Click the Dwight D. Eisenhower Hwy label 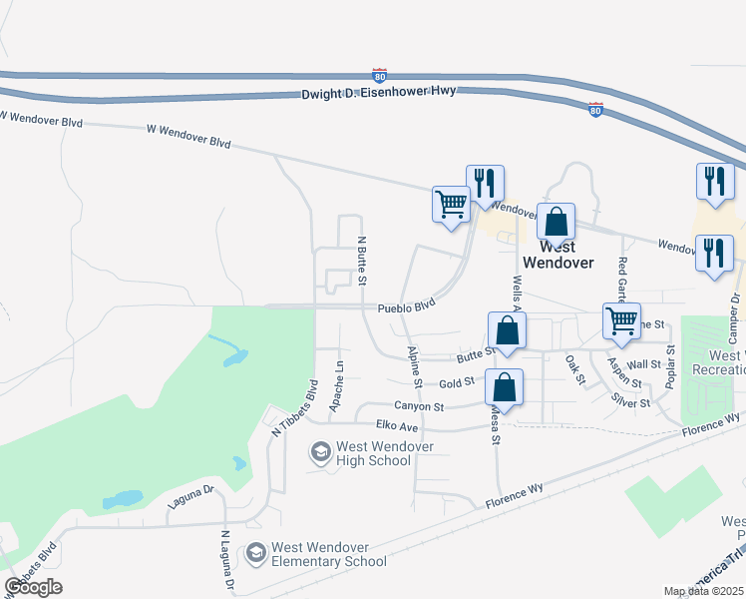[379, 91]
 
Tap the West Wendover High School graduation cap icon [320, 453]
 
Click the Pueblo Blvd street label [407, 307]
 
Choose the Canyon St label [418, 406]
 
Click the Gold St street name [456, 383]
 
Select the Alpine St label [414, 367]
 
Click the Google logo [33, 587]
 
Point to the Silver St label [631, 401]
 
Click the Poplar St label [671, 365]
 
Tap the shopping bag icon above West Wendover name [556, 222]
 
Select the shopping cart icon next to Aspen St [621, 321]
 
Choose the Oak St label [574, 368]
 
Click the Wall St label [645, 365]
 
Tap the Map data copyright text [704, 591]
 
